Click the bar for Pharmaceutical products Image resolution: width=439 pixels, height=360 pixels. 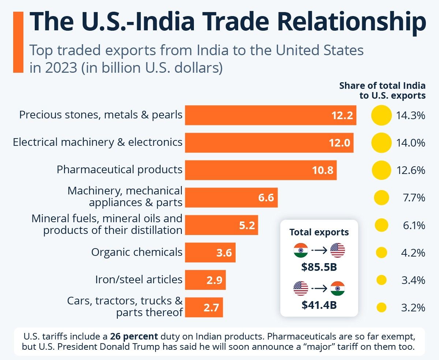coord(260,170)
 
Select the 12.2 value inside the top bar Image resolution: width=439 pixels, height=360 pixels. coord(342,115)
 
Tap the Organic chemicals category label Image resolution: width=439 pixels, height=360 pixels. coord(137,252)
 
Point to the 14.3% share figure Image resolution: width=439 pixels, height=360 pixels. coord(410,116)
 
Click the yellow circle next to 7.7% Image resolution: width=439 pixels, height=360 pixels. coord(381,198)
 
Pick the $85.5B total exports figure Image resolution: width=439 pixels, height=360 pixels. coord(319,267)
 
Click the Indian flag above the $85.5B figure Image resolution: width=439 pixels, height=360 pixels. coord(301,250)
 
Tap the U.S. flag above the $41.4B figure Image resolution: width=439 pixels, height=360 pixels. coord(301,288)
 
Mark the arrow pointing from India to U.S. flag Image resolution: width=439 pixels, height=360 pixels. coord(319,251)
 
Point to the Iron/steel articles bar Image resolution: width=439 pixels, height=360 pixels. coord(205,280)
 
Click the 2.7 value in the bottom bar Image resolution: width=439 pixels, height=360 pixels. coord(211,307)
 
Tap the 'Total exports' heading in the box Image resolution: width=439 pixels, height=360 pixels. coord(319,232)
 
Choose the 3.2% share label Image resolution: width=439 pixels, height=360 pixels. coord(413,308)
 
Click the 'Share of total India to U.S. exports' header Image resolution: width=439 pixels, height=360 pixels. coord(382,91)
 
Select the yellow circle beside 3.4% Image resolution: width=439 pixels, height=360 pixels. coord(381,280)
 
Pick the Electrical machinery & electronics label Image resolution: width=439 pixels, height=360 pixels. coord(98,142)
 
